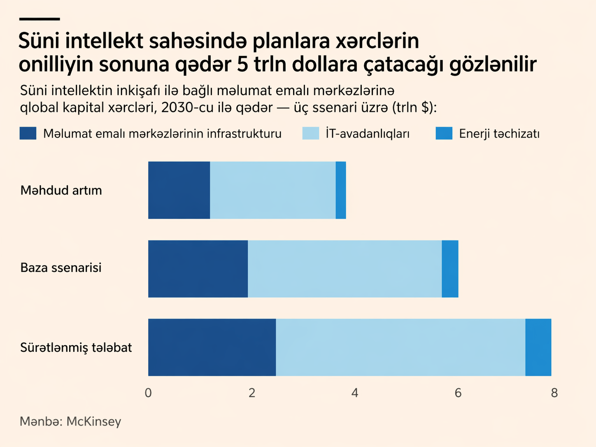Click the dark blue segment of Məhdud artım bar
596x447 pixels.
[179, 190]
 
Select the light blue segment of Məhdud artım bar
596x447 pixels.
[272, 190]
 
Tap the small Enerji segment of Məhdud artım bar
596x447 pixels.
[341, 190]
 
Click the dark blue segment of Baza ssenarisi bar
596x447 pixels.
[198, 269]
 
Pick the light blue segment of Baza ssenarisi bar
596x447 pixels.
[345, 269]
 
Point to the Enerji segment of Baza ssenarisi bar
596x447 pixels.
[450, 269]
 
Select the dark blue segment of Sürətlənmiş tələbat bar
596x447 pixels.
[212, 347]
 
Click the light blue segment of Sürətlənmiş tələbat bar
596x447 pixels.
[400, 347]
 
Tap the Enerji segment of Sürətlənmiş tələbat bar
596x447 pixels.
[538, 347]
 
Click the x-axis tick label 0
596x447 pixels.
[148, 393]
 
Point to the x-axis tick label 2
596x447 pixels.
[252, 393]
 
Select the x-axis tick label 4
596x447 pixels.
[355, 393]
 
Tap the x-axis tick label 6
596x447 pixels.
[458, 393]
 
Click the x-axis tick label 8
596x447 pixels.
[554, 393]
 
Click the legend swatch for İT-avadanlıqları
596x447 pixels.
[310, 133]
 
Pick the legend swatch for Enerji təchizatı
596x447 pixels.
[444, 133]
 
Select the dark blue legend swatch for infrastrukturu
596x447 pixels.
[28, 133]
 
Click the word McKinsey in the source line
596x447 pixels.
[94, 421]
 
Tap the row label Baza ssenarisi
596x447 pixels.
[61, 268]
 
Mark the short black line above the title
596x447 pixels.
[40, 19]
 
